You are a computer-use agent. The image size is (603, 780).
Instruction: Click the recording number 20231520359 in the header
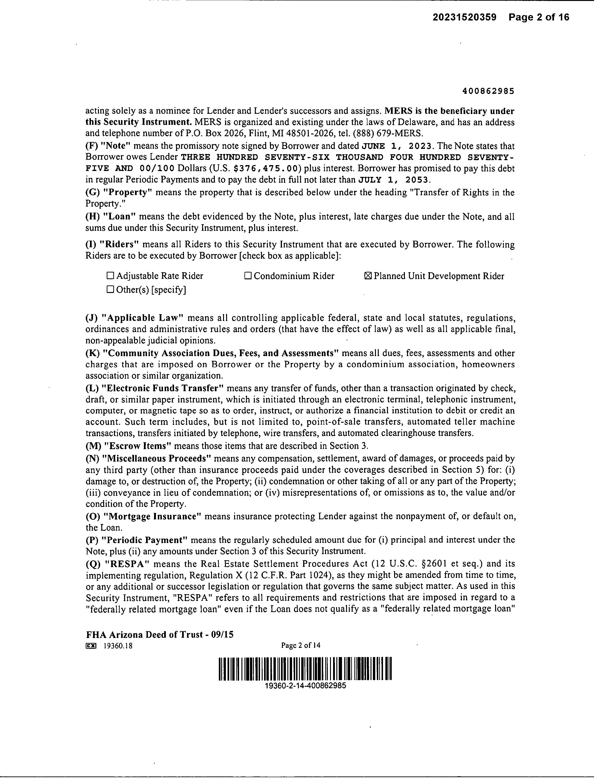[464, 17]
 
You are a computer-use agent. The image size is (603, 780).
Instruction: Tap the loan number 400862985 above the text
[488, 91]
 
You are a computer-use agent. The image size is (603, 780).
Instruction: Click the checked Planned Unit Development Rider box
[368, 276]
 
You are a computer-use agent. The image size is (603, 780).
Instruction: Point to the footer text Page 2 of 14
[301, 645]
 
